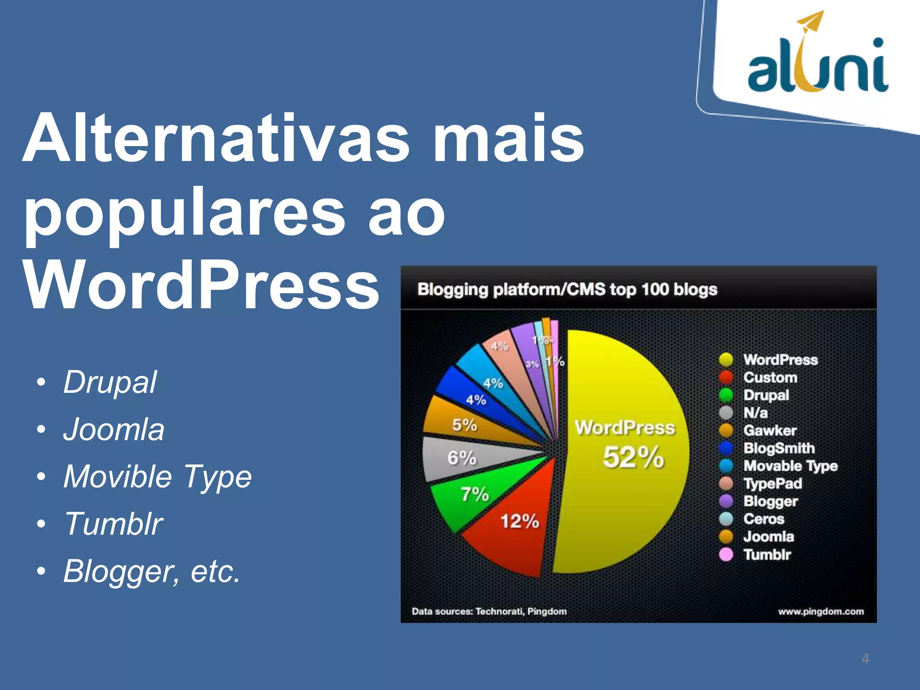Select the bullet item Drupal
tap(110, 383)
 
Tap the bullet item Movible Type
tap(157, 477)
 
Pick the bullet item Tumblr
tap(113, 524)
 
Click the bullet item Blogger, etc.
tap(152, 571)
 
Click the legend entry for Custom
tap(770, 378)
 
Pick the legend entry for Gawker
tap(770, 431)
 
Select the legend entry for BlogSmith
tap(778, 448)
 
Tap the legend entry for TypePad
tap(772, 484)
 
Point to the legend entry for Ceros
tap(763, 519)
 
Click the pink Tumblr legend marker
tap(726, 555)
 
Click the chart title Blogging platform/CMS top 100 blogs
tap(567, 290)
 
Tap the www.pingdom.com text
tap(821, 611)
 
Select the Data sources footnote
tap(489, 611)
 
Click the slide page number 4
tap(865, 659)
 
